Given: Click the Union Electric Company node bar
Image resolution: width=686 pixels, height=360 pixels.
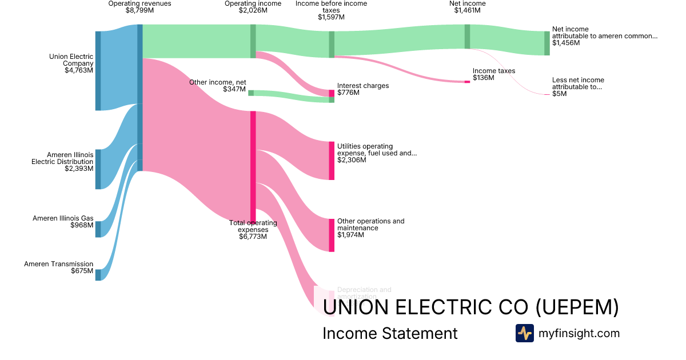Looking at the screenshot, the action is [x=98, y=70].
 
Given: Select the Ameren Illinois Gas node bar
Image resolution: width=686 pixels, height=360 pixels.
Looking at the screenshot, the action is [x=98, y=229].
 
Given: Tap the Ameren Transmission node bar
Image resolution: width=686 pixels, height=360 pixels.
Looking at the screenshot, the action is [x=98, y=275].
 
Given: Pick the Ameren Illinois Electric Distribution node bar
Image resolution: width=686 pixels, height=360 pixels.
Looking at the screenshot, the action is [x=98, y=169].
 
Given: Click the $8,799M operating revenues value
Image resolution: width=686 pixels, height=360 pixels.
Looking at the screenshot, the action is [x=139, y=10].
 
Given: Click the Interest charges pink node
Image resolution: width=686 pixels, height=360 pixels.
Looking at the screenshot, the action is [x=332, y=93].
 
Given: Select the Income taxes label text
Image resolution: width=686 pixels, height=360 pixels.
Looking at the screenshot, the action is [x=494, y=71].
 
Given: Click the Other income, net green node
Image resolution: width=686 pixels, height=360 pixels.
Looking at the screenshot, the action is [x=251, y=93].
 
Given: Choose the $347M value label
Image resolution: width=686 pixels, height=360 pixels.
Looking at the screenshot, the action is [x=234, y=90].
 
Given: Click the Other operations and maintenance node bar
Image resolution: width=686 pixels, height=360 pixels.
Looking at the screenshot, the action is [x=332, y=235].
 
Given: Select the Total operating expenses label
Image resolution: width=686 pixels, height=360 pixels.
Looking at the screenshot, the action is [x=253, y=226].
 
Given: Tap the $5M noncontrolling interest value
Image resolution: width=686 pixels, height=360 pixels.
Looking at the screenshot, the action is [x=560, y=94].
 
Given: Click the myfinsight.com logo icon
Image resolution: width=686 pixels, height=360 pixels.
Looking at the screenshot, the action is [x=524, y=333].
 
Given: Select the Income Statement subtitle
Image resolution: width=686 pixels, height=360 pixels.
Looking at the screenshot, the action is [x=390, y=333].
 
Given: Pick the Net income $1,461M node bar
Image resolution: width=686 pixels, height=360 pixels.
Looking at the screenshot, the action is [x=467, y=37].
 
